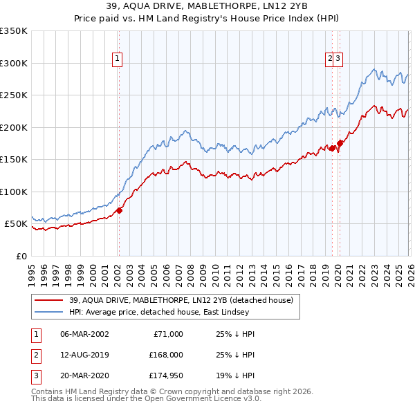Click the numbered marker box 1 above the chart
[118, 59]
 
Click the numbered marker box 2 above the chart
[331, 59]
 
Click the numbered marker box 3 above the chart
[339, 59]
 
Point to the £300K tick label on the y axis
[14, 63]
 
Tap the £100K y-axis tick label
[14, 192]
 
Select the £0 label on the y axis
[21, 256]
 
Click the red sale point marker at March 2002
[119, 210]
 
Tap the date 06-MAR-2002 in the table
[84, 334]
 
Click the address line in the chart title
[207, 8]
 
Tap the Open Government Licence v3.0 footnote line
[146, 399]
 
